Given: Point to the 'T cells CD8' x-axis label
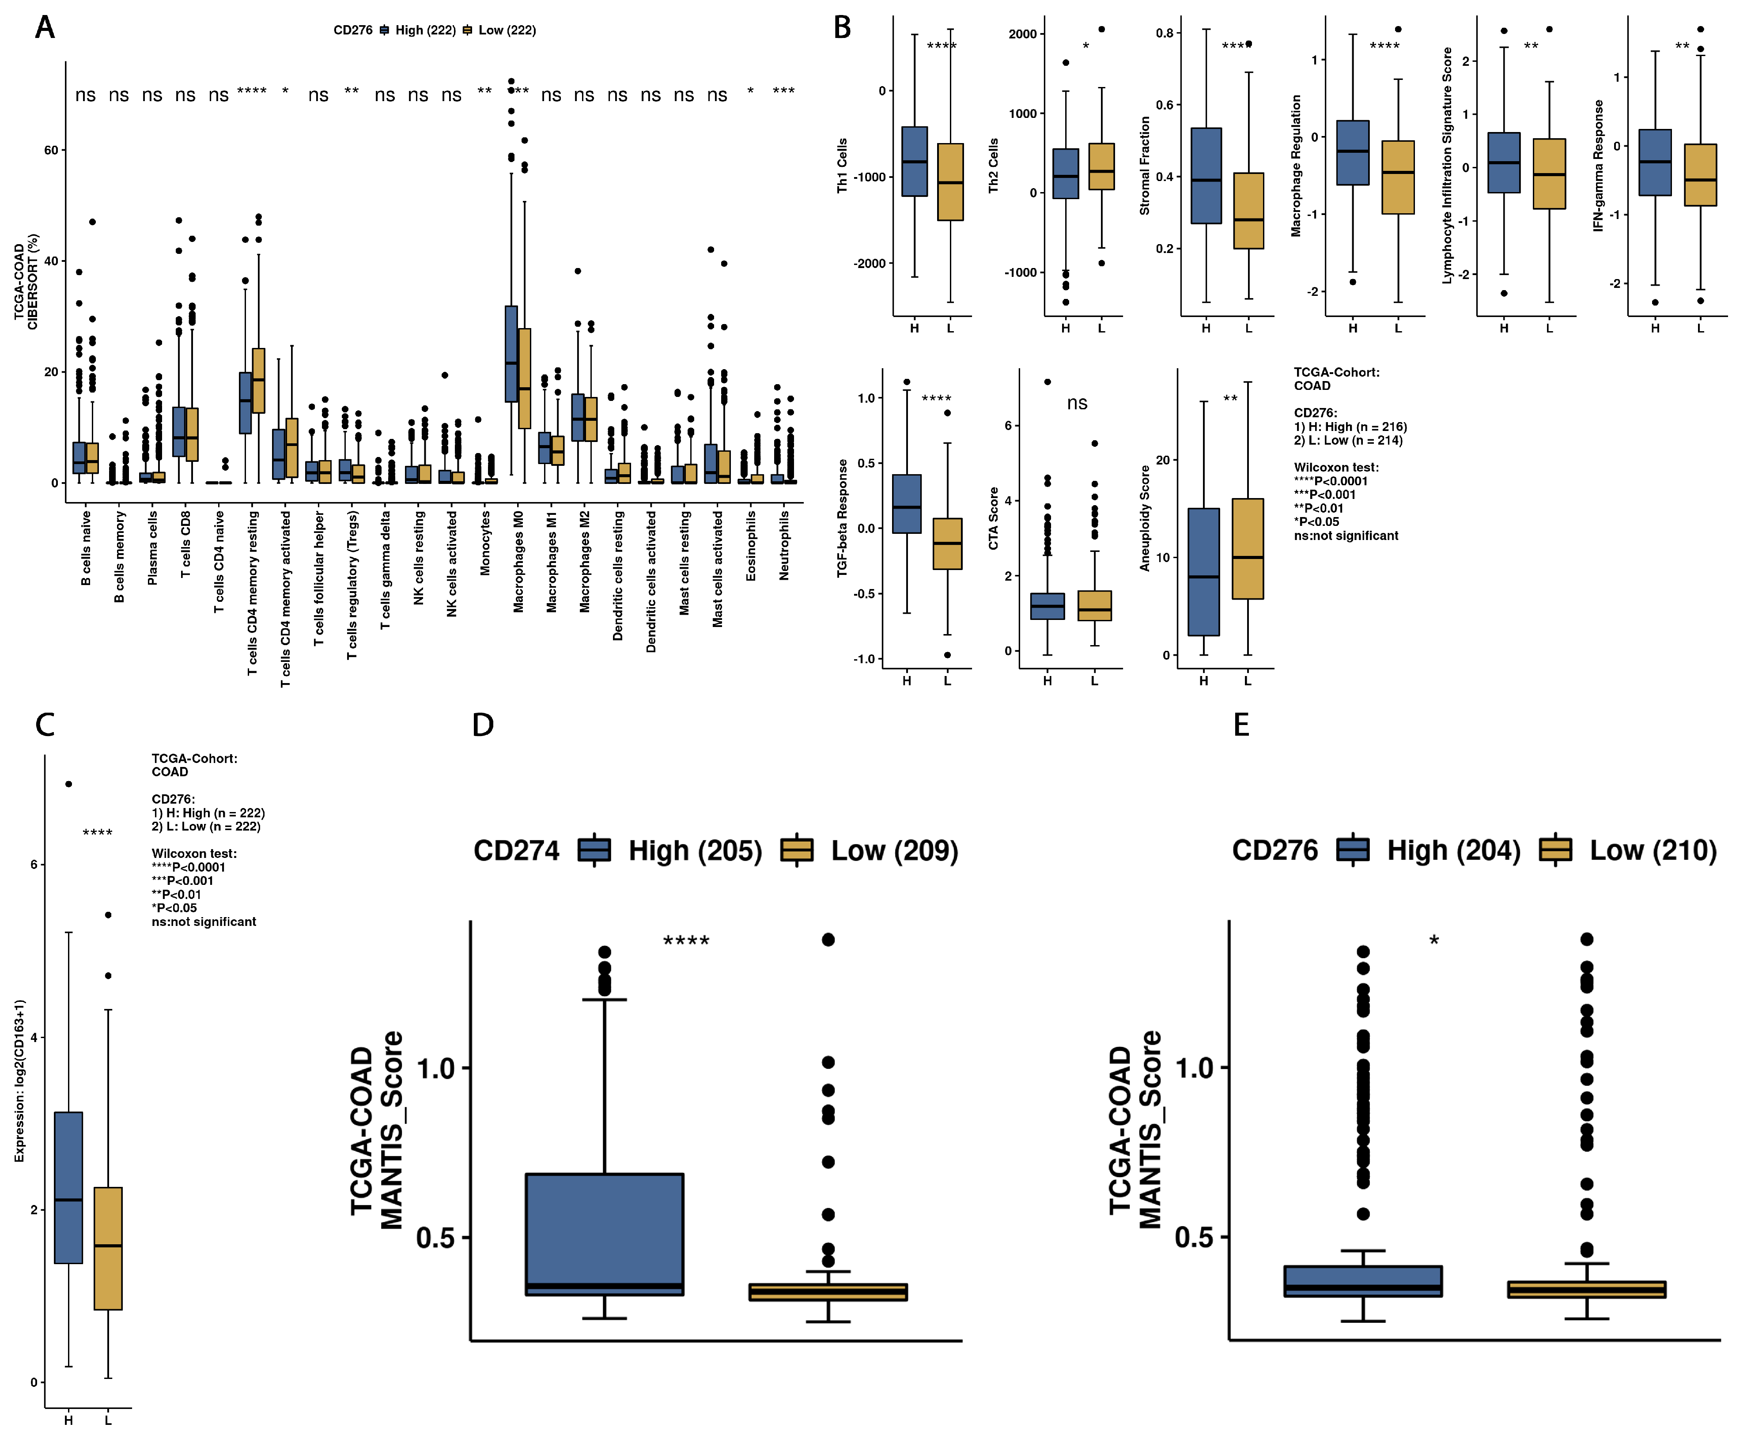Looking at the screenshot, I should pyautogui.click(x=186, y=544).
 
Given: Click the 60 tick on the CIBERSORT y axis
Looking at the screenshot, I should pyautogui.click(x=51, y=150).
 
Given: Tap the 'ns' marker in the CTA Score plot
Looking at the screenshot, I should pyautogui.click(x=1077, y=403).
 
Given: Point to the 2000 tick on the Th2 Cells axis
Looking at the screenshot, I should pyautogui.click(x=1022, y=34).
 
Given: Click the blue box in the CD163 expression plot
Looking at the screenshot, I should pyautogui.click(x=69, y=1187).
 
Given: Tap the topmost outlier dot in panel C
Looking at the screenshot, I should pyautogui.click(x=69, y=783).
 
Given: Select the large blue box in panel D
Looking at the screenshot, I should pyautogui.click(x=605, y=1233).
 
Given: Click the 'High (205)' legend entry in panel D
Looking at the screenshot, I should pyautogui.click(x=695, y=850).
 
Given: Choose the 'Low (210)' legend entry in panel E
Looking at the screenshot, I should pyautogui.click(x=1653, y=850).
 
